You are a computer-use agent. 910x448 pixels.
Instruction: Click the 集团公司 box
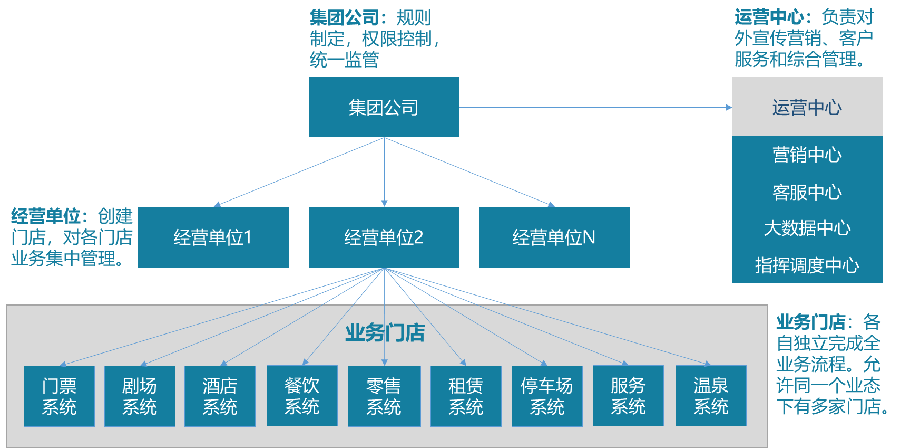coord(384,107)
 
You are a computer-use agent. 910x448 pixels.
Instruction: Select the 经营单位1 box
coord(213,237)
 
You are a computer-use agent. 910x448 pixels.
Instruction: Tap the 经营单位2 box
coord(384,237)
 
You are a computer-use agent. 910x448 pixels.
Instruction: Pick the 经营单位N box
coord(554,237)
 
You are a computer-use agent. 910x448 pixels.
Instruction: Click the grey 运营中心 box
coord(807,106)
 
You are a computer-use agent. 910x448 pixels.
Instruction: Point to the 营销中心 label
coord(807,155)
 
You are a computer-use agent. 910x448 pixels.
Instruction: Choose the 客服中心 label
coord(807,192)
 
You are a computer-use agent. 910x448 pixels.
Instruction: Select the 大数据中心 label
coord(807,228)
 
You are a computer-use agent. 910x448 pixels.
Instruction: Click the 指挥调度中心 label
coord(807,265)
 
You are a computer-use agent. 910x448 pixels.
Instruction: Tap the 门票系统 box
coord(59,396)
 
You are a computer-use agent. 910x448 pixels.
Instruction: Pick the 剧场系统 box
coord(140,396)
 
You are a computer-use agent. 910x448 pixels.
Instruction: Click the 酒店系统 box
coord(220,396)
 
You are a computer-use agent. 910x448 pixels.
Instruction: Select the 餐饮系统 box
coord(302,395)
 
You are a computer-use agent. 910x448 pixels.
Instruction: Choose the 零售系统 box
coord(384,396)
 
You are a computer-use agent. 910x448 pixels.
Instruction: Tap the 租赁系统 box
coord(466,396)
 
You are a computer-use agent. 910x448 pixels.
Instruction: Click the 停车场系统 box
coord(547,396)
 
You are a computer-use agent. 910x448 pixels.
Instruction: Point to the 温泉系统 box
coord(711,395)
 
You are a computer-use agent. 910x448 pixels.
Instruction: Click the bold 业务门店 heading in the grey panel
coord(385,333)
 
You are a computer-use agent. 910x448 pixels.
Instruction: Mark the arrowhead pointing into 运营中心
coord(729,107)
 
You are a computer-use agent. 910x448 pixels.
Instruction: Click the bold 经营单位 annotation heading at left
coord(46,216)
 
